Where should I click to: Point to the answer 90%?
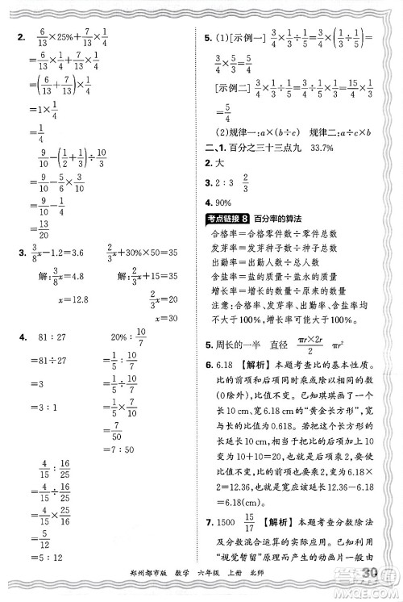tap(220, 203)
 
